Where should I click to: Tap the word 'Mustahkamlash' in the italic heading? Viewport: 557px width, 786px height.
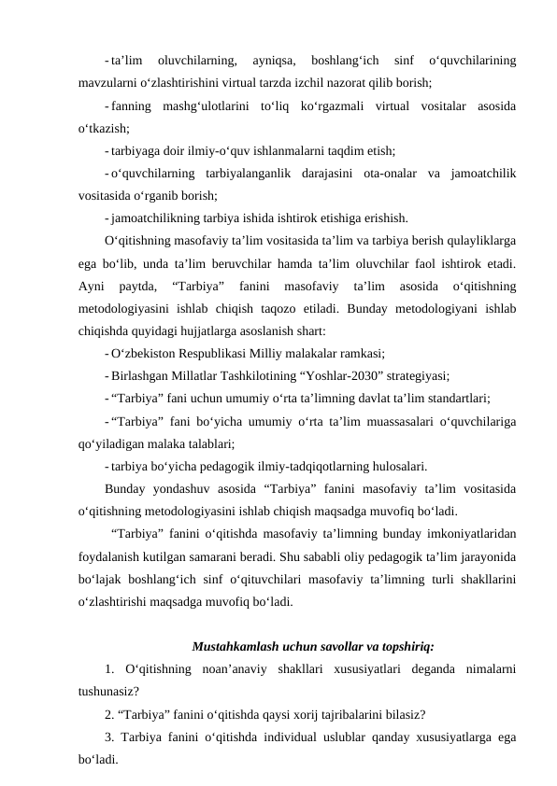click(x=235, y=645)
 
